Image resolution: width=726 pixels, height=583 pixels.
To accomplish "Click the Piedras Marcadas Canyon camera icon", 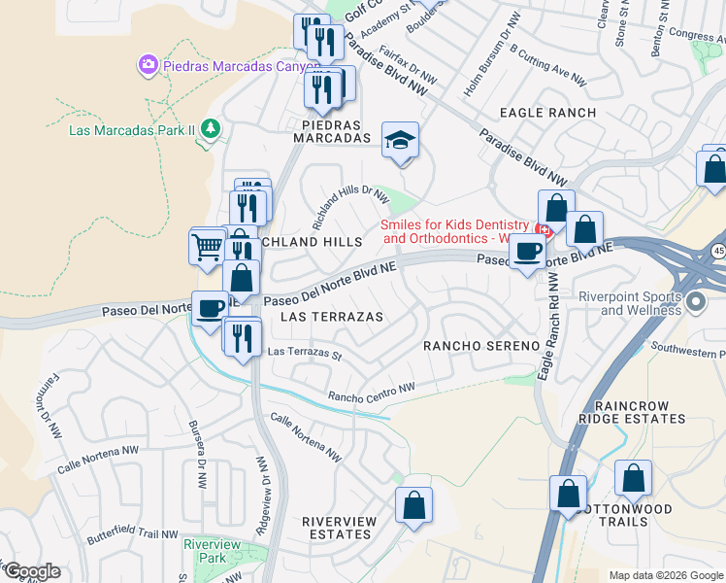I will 148,65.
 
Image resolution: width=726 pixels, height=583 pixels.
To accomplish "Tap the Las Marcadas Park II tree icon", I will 209,129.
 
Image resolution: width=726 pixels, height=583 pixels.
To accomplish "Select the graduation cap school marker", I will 400,141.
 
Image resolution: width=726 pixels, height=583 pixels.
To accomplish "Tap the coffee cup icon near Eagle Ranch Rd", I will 527,252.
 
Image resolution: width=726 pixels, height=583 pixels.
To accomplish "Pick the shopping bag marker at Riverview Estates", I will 413,505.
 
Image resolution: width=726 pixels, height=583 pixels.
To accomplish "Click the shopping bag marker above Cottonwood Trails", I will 633,479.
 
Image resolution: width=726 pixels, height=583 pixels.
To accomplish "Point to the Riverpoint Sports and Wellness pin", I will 694,303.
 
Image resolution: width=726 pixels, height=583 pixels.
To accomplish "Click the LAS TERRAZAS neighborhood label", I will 331,317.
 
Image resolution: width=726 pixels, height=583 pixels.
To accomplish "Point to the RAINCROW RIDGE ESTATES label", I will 632,411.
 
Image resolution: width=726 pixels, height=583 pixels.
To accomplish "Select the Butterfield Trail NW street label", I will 131,534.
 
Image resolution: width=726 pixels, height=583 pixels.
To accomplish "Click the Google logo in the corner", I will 31,571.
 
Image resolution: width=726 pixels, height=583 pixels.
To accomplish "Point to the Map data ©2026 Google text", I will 665,575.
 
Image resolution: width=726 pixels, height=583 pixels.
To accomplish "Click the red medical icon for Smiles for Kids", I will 544,230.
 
